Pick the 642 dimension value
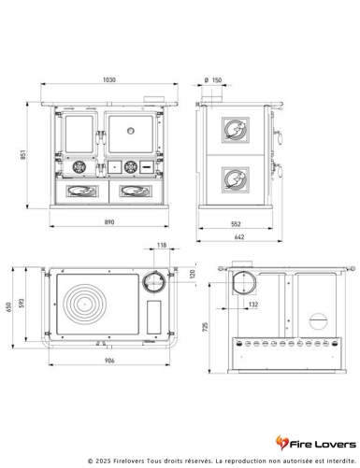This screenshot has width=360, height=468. [241, 238]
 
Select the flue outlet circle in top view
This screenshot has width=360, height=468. [150, 282]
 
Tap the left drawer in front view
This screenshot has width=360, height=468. [80, 191]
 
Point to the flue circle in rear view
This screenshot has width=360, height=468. [243, 281]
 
